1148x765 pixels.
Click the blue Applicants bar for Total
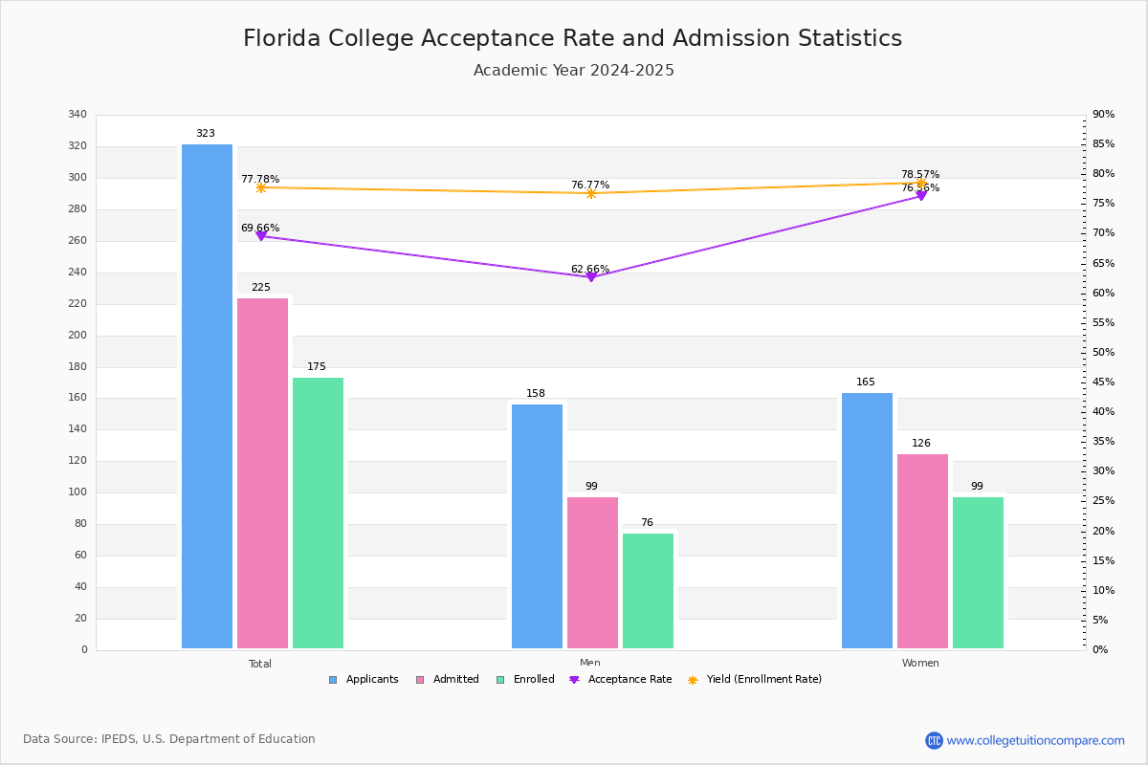(x=207, y=397)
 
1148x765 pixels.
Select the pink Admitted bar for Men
(x=592, y=573)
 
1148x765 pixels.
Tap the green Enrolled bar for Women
(x=978, y=573)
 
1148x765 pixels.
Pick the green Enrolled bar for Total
(x=318, y=514)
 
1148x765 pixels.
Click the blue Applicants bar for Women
(x=867, y=521)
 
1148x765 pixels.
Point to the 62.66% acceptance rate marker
(x=590, y=276)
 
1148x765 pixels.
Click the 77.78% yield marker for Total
(x=260, y=187)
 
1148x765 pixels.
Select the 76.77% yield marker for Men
(x=590, y=193)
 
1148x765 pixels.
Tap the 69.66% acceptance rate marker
(x=260, y=235)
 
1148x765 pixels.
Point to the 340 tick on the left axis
(x=77, y=115)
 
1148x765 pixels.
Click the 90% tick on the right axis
(x=1103, y=115)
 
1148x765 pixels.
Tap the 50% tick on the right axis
(x=1103, y=353)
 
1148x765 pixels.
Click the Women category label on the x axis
(x=919, y=664)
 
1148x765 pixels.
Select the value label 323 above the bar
(x=206, y=134)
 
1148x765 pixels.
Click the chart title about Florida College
(x=572, y=38)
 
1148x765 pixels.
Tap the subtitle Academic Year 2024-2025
(x=573, y=71)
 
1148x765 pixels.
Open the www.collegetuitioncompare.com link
(x=1035, y=740)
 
